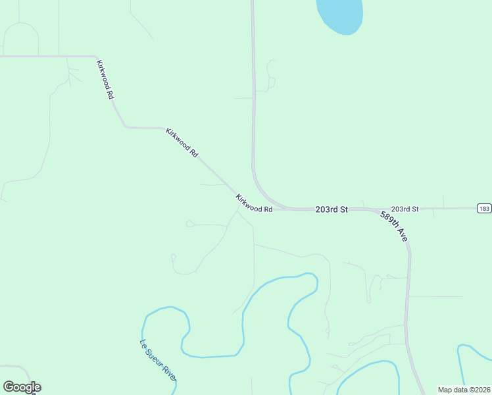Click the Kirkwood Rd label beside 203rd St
point(254,203)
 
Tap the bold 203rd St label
point(331,209)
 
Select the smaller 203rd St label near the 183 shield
point(405,209)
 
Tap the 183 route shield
point(484,209)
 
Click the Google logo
point(22,387)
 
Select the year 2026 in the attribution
point(481,390)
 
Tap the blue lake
point(339,14)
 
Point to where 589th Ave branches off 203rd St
point(376,210)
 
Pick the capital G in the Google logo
point(9,387)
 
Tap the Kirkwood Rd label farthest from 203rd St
point(105,80)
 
